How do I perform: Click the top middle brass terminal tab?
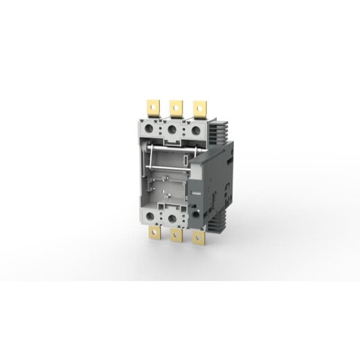tap(176, 108)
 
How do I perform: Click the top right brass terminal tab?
tap(199, 108)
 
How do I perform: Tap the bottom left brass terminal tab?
tap(154, 233)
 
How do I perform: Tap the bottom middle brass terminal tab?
tap(176, 235)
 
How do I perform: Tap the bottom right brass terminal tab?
tap(199, 238)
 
